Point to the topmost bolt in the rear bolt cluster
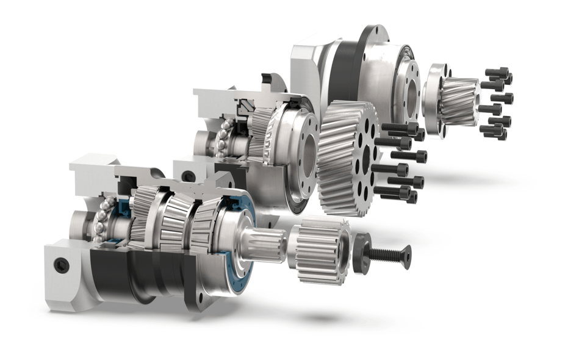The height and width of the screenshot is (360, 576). (x=497, y=72)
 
